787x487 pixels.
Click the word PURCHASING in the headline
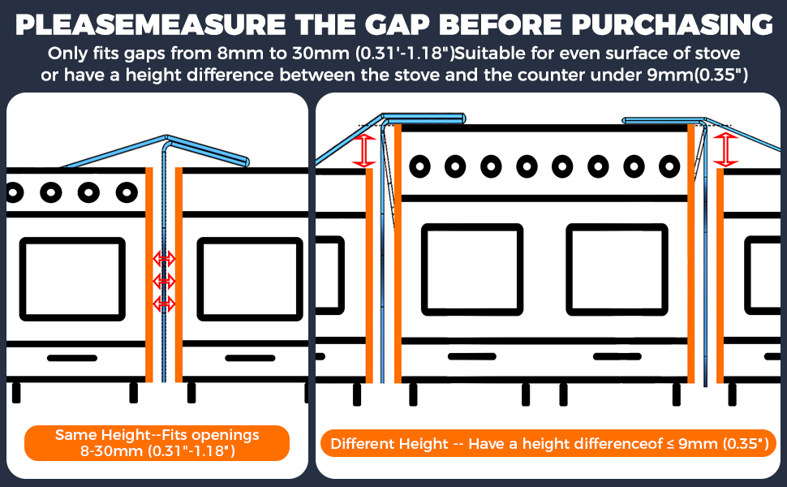(x=672, y=24)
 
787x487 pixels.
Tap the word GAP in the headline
(x=397, y=24)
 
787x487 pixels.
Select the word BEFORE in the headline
(x=501, y=24)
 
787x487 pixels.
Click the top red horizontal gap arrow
(x=164, y=259)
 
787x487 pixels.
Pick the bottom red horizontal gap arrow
(x=164, y=304)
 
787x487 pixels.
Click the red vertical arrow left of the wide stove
(x=364, y=151)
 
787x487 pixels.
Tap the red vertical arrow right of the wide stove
(x=725, y=149)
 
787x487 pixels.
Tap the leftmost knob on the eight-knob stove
(x=419, y=166)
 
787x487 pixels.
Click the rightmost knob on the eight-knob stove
(x=669, y=166)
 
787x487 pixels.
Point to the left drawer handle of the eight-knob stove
(x=472, y=356)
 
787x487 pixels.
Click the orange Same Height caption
(x=157, y=443)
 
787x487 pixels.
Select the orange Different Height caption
(x=549, y=444)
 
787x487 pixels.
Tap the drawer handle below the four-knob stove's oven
(x=72, y=358)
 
